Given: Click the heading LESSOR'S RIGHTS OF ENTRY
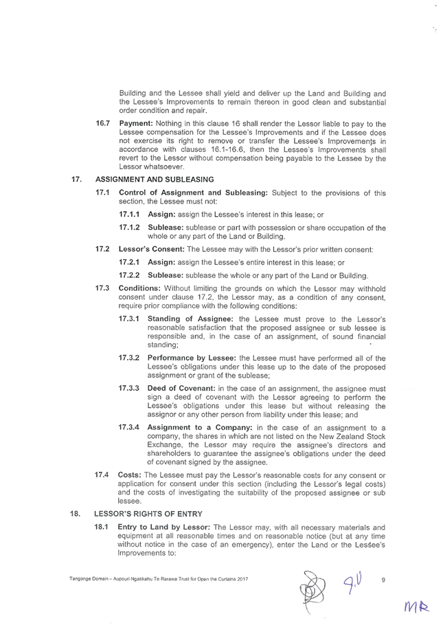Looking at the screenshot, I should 146,514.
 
